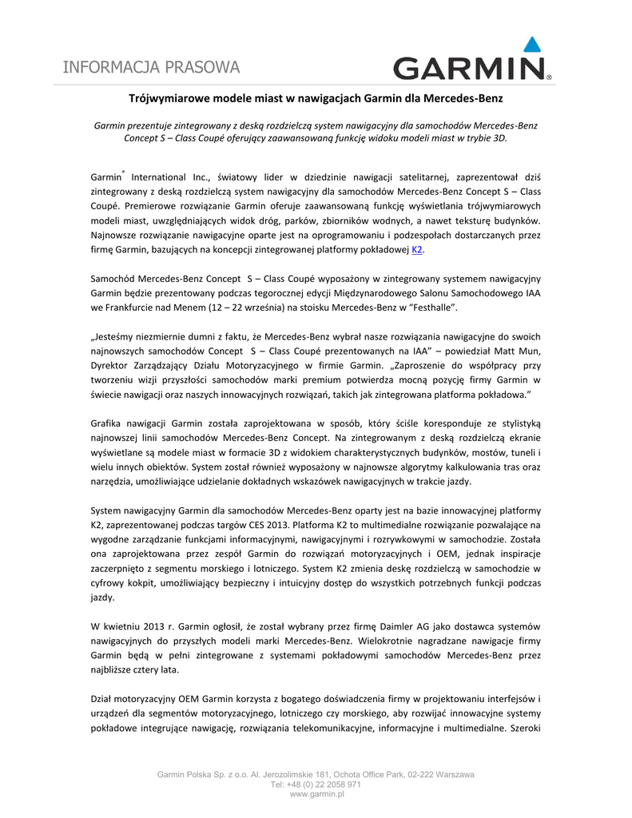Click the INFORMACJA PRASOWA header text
click(x=151, y=67)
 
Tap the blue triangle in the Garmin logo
click(x=531, y=46)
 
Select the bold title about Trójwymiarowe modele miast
click(x=316, y=98)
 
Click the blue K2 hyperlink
click(x=416, y=250)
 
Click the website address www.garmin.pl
click(x=316, y=795)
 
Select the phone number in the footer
click(x=316, y=784)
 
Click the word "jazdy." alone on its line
click(x=102, y=597)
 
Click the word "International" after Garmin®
click(x=157, y=178)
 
